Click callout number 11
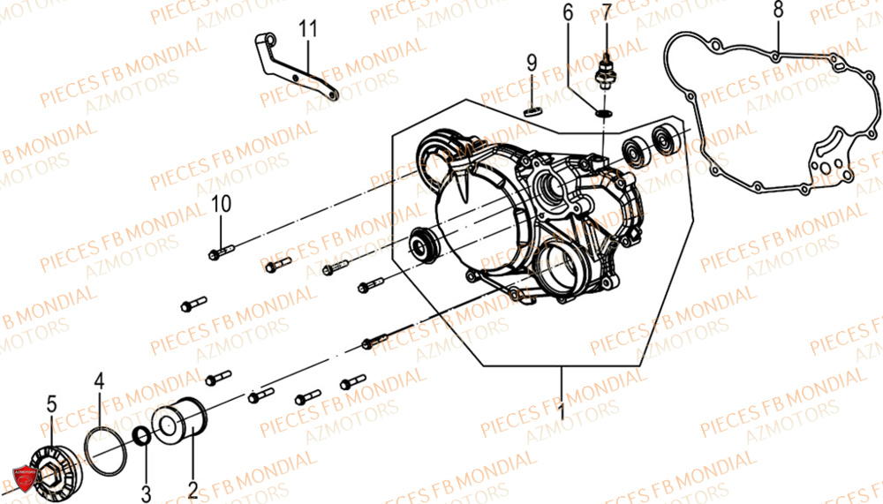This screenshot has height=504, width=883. coord(306,30)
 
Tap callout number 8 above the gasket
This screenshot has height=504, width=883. coord(777,12)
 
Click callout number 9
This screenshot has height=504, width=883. coord(532,63)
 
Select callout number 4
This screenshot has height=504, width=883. coord(99,381)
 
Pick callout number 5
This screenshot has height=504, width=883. coord(51,405)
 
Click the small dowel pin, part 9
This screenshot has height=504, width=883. coord(532,110)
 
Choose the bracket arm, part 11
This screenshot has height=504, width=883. coord(296,75)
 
